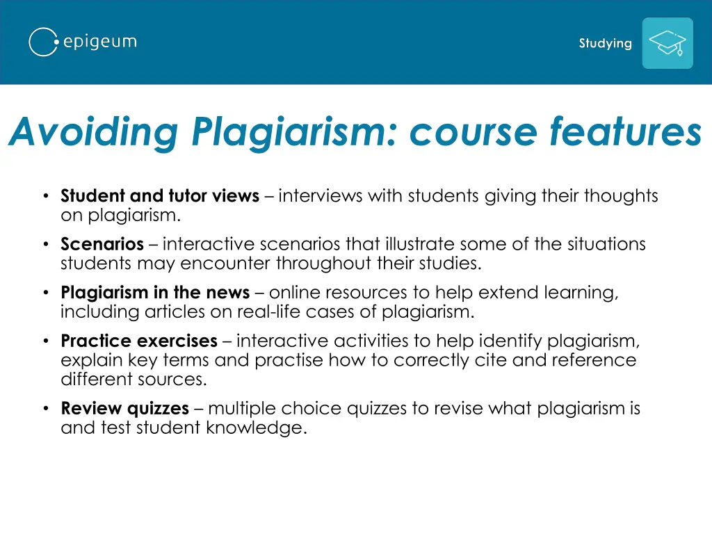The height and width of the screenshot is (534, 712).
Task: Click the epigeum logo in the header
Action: pyautogui.click(x=83, y=42)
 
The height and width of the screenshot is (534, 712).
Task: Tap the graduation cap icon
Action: pyautogui.click(x=667, y=43)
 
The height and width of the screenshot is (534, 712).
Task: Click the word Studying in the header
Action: pyautogui.click(x=606, y=43)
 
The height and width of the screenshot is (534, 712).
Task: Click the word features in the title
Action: pyautogui.click(x=625, y=131)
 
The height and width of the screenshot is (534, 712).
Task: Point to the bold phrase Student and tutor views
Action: pyautogui.click(x=160, y=196)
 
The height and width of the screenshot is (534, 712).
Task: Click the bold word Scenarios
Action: pyautogui.click(x=102, y=245)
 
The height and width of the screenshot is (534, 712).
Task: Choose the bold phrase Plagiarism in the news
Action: pyautogui.click(x=155, y=293)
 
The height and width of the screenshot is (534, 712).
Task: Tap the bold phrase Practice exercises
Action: pyautogui.click(x=139, y=341)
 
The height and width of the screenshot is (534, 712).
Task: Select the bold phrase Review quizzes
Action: pyautogui.click(x=125, y=408)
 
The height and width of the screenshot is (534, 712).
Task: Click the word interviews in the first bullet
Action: pyautogui.click(x=321, y=196)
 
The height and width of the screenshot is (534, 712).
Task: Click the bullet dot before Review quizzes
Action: pyautogui.click(x=44, y=408)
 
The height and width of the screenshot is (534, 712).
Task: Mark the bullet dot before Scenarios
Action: pyautogui.click(x=44, y=245)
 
